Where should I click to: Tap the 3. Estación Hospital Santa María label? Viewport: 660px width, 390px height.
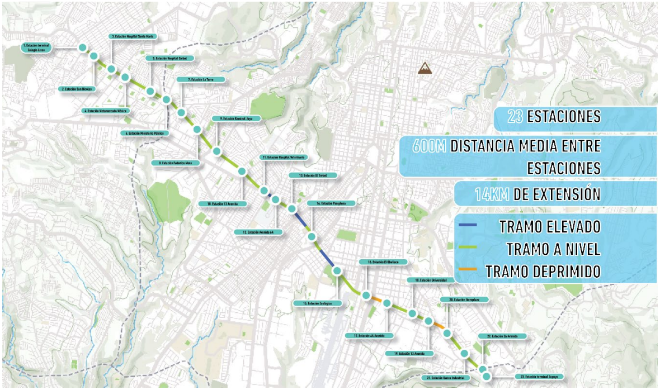[133, 36]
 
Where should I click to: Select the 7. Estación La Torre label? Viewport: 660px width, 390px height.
[202, 79]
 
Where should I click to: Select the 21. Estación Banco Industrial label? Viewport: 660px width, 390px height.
[445, 378]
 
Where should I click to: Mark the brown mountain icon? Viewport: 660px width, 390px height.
[426, 68]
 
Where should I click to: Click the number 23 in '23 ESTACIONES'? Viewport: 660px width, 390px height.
[515, 117]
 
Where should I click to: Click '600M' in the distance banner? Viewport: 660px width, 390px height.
[429, 146]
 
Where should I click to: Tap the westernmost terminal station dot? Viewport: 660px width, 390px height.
[82, 47]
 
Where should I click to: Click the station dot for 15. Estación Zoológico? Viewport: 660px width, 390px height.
[337, 271]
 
